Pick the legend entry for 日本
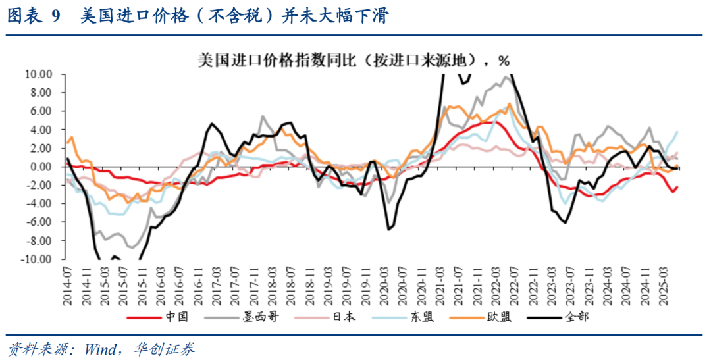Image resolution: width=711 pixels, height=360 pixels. pyautogui.click(x=344, y=317)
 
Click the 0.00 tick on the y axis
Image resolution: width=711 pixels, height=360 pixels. pyautogui.click(x=41, y=167)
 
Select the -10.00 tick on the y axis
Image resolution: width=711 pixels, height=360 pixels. pyautogui.click(x=37, y=259)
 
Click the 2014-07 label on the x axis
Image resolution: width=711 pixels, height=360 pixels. pyautogui.click(x=68, y=284)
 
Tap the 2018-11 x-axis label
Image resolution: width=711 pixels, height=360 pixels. pyautogui.click(x=313, y=284)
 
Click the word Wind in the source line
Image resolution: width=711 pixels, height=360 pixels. pyautogui.click(x=97, y=348)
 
